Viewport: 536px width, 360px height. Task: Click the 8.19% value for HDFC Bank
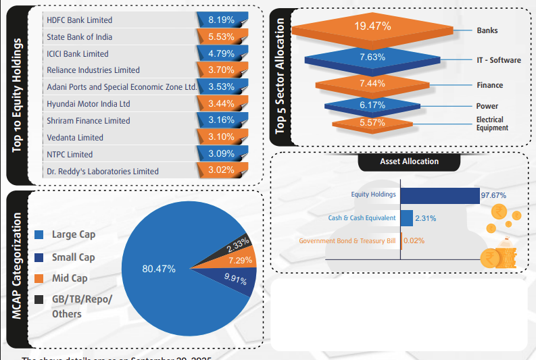[x=220, y=20]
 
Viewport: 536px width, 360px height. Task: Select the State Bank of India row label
[x=80, y=37]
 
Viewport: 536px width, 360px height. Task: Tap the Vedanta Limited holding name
[x=75, y=138]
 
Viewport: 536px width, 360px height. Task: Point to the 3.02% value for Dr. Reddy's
[x=220, y=170]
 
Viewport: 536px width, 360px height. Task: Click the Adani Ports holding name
[x=121, y=87]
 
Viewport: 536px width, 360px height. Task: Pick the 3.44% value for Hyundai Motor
[x=220, y=104]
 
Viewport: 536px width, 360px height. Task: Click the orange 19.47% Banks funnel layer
[x=372, y=28]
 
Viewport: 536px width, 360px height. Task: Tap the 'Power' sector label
[x=487, y=106]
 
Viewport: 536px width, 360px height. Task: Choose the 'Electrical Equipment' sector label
[x=492, y=124]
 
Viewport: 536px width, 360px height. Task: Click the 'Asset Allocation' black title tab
[x=409, y=162]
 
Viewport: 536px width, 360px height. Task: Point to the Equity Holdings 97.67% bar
[x=440, y=195]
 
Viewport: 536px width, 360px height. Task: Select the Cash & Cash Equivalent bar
[x=407, y=218]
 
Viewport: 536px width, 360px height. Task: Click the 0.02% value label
[x=414, y=240]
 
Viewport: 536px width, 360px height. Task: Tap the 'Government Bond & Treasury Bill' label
[x=347, y=240]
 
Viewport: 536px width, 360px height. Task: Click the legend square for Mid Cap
[x=39, y=278]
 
